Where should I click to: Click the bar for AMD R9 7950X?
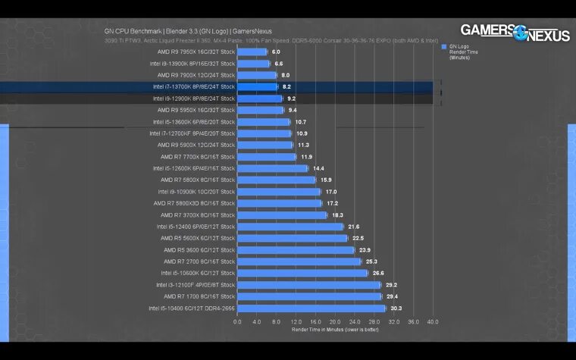[252, 52]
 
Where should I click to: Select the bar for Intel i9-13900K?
[254, 64]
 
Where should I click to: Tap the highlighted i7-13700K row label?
[194, 87]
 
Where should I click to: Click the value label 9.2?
[291, 99]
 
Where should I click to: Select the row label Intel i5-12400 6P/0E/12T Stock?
[196, 227]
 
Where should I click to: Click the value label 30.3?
[396, 308]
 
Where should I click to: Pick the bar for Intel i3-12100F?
[308, 285]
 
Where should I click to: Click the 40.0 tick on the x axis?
[433, 321]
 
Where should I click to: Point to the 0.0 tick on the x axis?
[237, 321]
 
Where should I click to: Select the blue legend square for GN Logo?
[444, 46]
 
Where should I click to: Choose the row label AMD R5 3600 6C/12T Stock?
[199, 250]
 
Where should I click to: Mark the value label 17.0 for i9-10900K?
[331, 192]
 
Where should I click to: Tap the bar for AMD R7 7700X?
[266, 157]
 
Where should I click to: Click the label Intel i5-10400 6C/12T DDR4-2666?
[193, 308]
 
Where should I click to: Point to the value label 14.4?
[318, 168]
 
